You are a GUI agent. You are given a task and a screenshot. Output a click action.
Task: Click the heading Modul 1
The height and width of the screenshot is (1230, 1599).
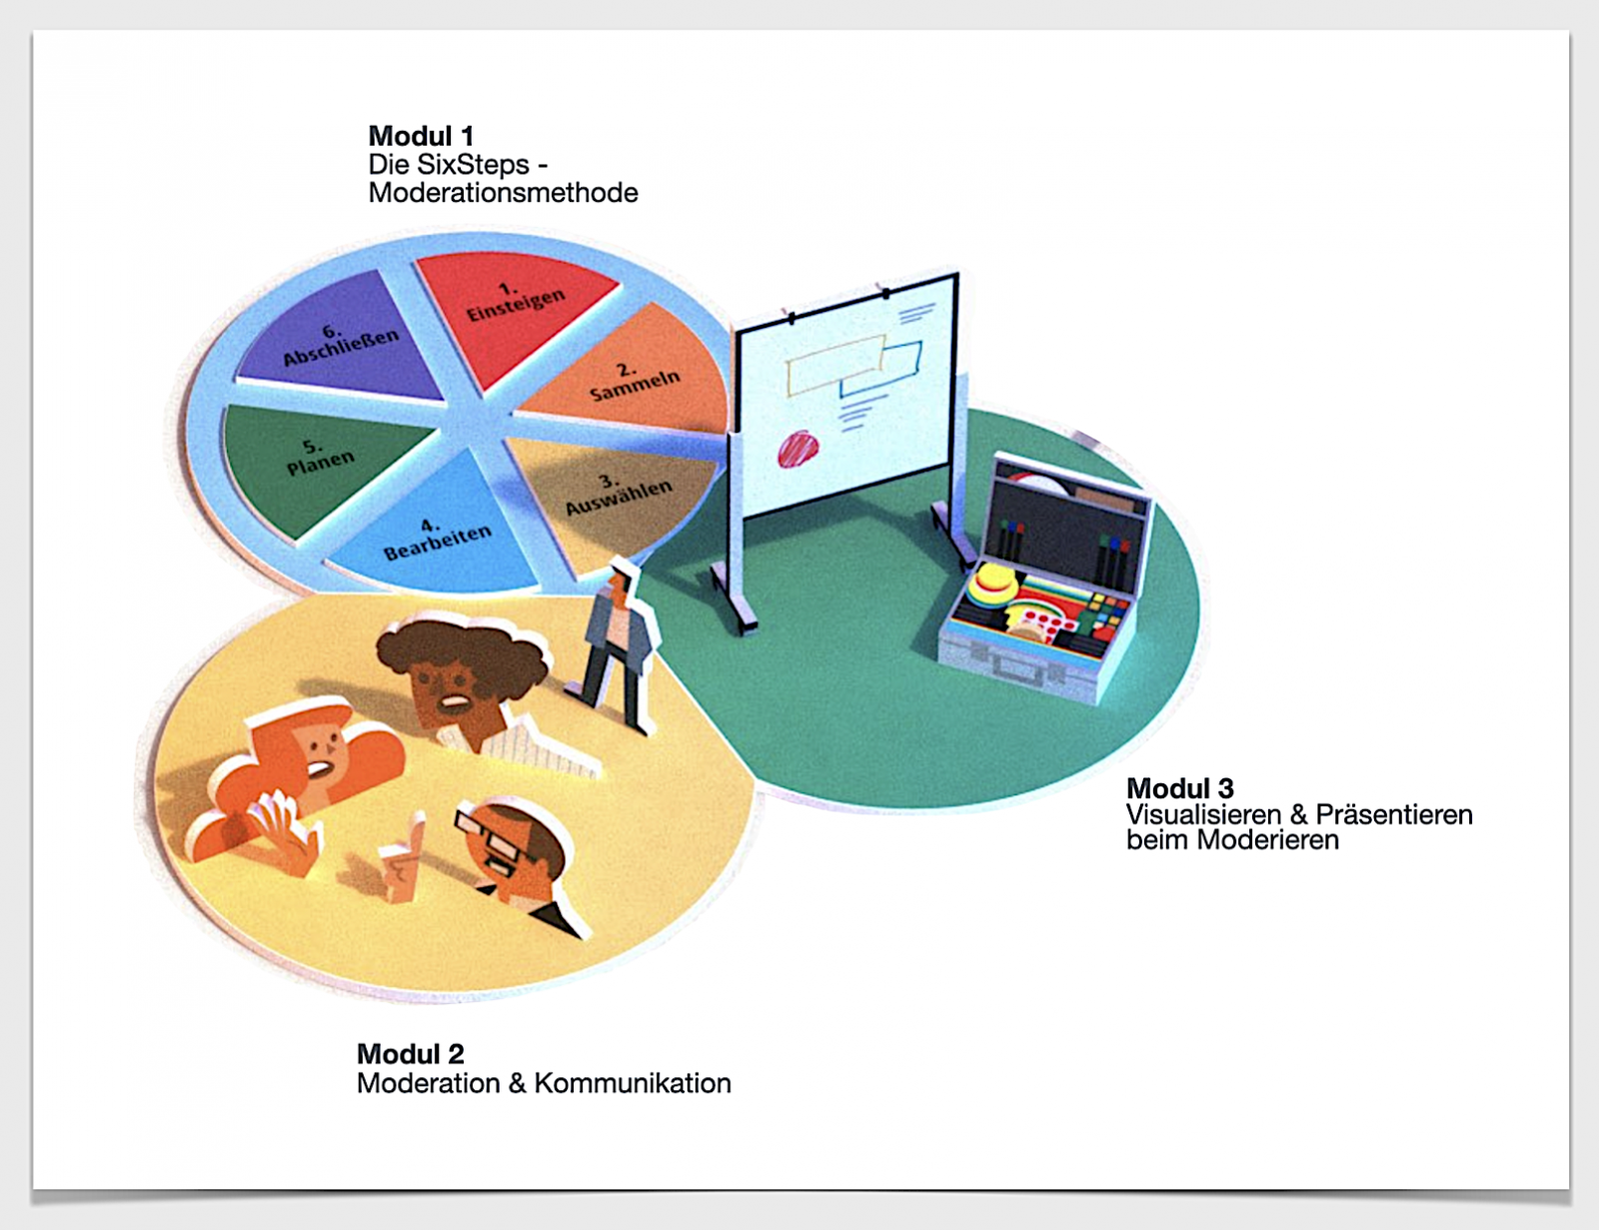[x=421, y=136]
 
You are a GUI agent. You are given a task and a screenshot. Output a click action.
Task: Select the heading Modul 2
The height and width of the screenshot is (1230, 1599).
[x=411, y=1054]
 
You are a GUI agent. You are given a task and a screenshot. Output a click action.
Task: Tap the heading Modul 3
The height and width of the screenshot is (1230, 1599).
[x=1179, y=788]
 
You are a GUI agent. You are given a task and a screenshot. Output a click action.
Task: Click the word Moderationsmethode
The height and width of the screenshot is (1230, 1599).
[x=504, y=193]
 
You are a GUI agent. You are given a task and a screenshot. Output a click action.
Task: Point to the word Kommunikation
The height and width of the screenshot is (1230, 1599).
[x=633, y=1083]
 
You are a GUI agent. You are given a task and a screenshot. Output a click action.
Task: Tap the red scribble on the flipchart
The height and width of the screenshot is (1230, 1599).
[x=799, y=448]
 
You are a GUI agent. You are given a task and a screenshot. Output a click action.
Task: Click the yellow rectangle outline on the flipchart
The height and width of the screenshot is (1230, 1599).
[x=835, y=364]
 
